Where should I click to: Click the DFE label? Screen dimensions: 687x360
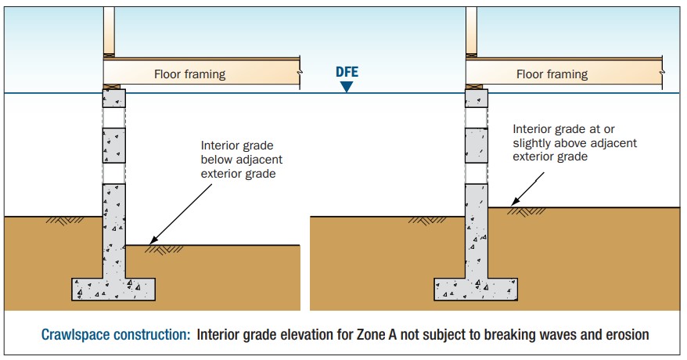click(x=347, y=72)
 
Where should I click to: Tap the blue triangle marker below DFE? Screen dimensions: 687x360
click(x=347, y=87)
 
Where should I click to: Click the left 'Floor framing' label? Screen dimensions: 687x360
click(x=189, y=74)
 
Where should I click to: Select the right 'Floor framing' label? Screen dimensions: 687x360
click(x=552, y=74)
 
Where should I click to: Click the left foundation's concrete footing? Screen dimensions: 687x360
click(x=113, y=289)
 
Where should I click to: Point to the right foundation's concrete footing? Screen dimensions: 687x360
click(x=476, y=289)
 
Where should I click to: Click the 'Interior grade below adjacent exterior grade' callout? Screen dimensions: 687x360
click(x=242, y=160)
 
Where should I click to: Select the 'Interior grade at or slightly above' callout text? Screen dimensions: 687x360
click(x=574, y=142)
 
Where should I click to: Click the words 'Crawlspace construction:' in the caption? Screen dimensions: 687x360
click(x=116, y=335)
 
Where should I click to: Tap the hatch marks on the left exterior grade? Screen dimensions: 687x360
click(x=65, y=220)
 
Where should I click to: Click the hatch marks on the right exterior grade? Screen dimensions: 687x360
click(x=427, y=220)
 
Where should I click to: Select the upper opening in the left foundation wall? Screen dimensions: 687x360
click(x=114, y=118)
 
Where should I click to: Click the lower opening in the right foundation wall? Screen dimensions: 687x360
click(x=477, y=174)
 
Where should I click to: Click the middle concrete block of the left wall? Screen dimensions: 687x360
click(x=114, y=146)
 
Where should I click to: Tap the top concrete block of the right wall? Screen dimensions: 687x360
click(x=477, y=98)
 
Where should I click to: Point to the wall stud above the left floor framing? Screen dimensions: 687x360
click(x=109, y=31)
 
